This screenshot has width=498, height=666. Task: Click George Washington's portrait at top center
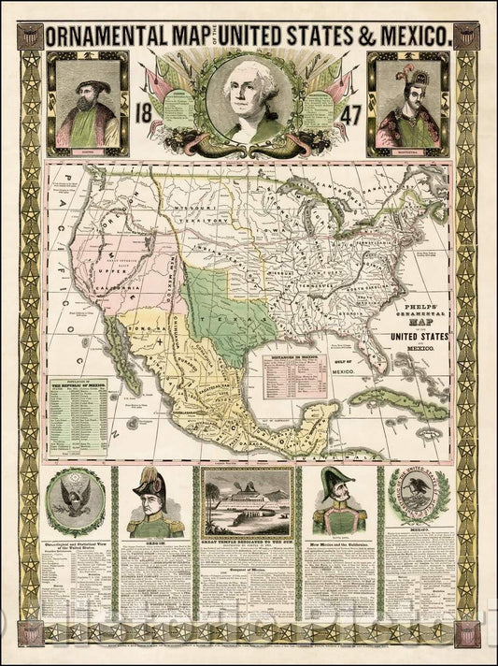249,97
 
